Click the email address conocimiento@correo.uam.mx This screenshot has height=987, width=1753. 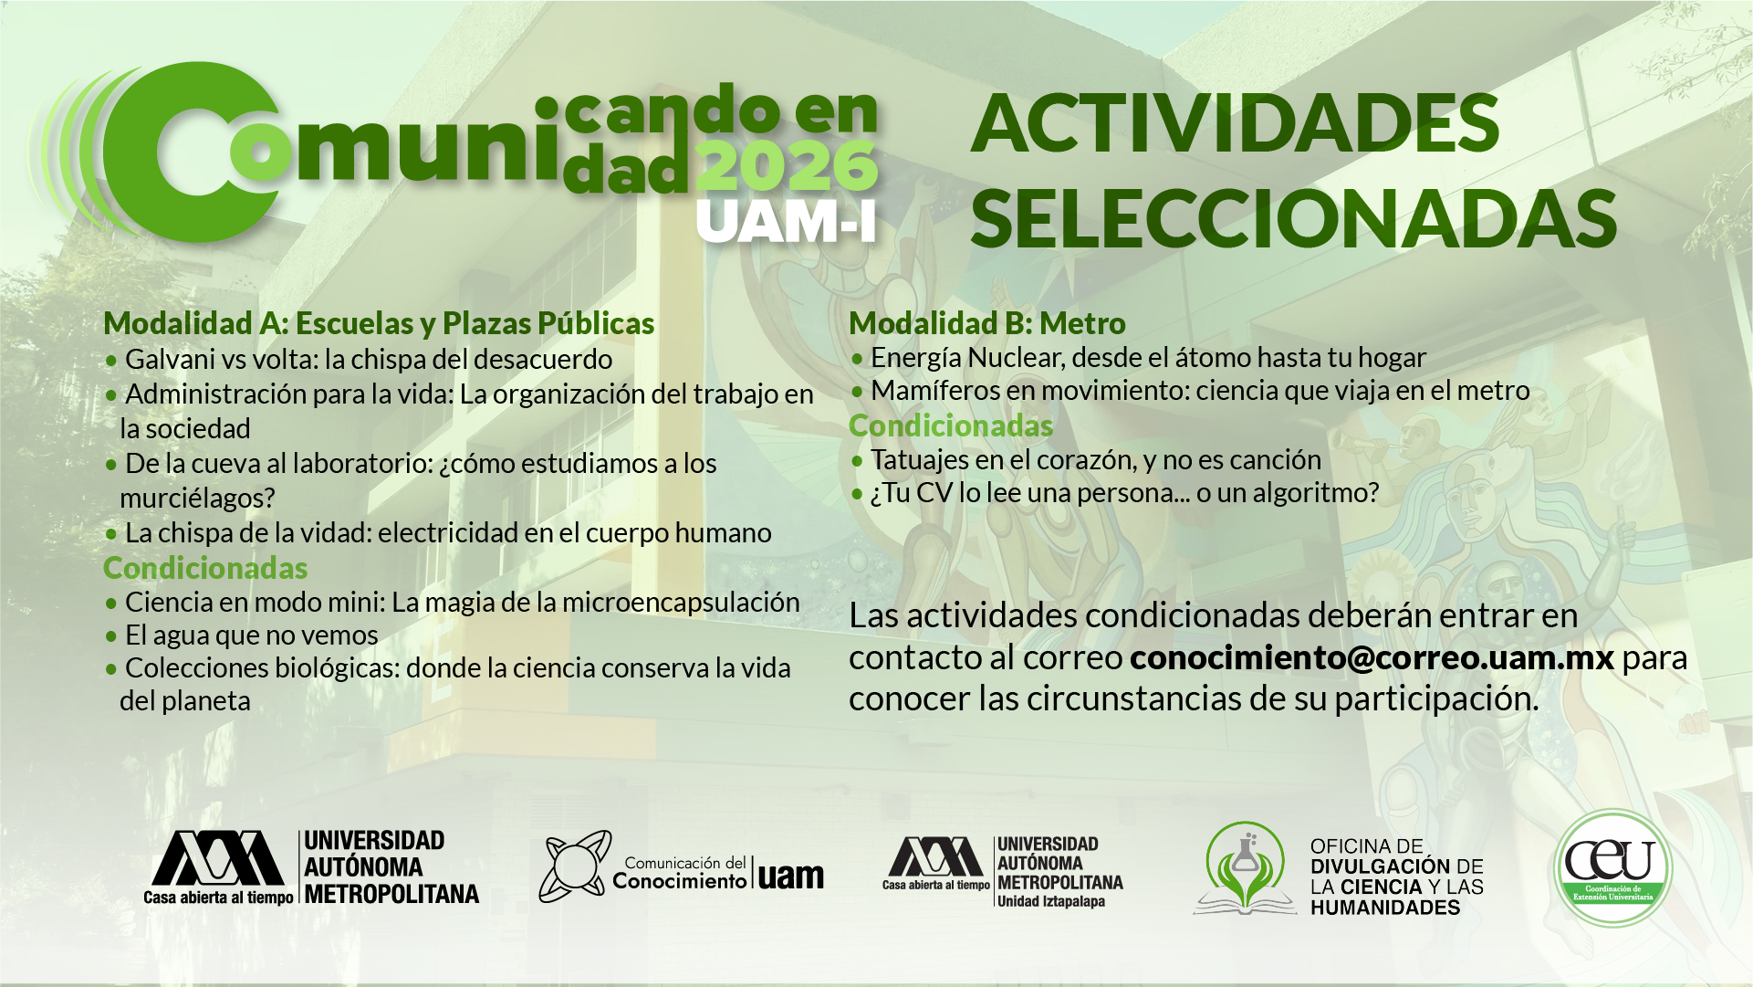click(1372, 657)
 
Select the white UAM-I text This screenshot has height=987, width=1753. click(787, 221)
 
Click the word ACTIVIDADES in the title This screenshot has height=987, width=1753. click(1236, 123)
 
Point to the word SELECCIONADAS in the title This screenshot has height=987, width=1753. click(1294, 218)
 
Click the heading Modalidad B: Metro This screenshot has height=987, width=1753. click(987, 323)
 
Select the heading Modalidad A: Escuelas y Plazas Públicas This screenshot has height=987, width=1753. click(379, 323)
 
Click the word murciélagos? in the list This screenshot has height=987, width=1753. click(197, 499)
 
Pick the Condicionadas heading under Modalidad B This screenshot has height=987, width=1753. click(951, 425)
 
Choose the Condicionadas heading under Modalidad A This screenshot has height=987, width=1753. click(205, 568)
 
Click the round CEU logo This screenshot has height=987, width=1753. click(1612, 868)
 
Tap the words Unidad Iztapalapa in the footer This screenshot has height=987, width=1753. click(1050, 901)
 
